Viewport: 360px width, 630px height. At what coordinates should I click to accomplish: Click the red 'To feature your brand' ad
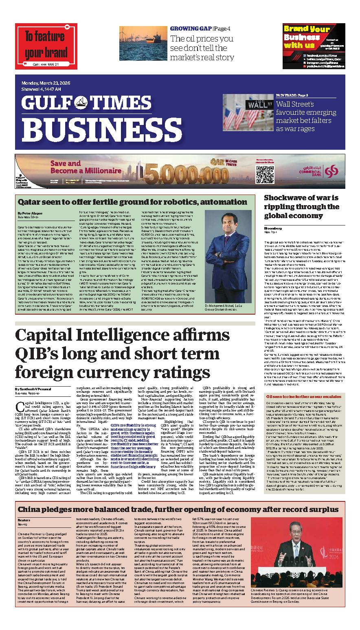[x=46, y=46]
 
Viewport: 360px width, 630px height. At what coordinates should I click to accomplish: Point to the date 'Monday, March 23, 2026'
[x=46, y=83]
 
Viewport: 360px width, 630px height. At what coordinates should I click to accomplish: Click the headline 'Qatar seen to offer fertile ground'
[x=132, y=202]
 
